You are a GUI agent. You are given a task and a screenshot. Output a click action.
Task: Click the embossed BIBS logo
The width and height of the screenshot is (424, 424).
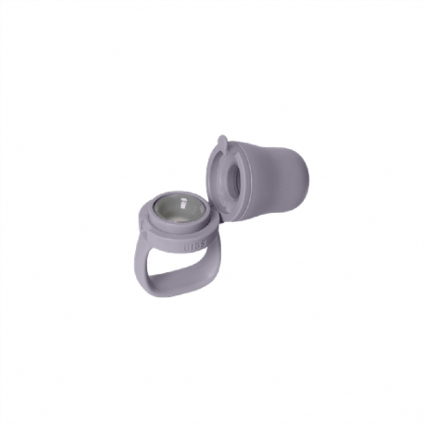[x=197, y=246]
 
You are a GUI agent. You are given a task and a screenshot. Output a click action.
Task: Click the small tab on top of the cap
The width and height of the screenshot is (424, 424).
[x=222, y=143]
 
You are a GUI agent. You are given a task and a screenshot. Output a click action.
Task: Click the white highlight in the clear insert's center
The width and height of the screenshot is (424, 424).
[x=184, y=206]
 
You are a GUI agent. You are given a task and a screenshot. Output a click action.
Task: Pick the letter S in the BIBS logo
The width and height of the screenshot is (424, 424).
[x=205, y=243]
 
